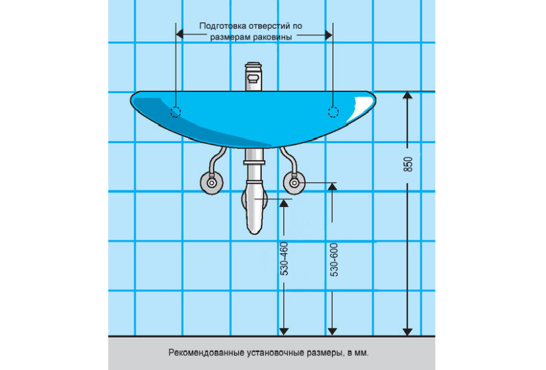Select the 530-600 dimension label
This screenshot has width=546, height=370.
pyautogui.click(x=334, y=260)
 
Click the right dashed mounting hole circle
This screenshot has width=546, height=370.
pyautogui.click(x=333, y=112)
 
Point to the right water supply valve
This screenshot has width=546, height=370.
pyautogui.click(x=294, y=183)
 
